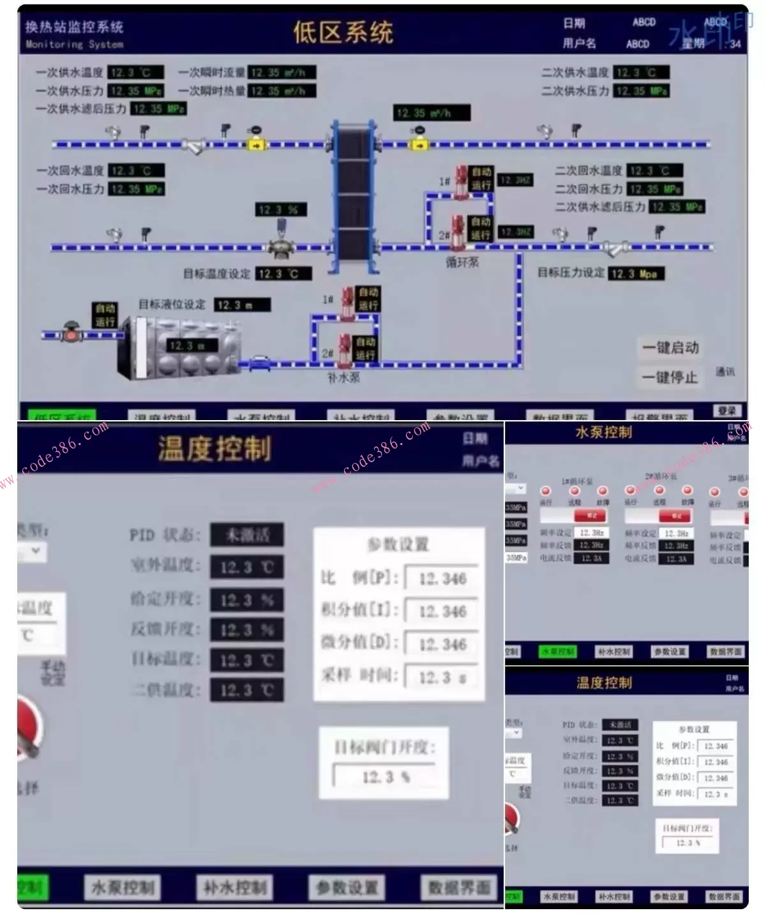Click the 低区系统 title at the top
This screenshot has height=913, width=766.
click(x=343, y=32)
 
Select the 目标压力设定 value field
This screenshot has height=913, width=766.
click(x=636, y=274)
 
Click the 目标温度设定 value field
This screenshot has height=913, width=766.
click(x=283, y=274)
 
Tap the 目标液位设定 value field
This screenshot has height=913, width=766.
click(x=241, y=305)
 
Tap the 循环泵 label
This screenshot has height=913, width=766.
click(x=462, y=262)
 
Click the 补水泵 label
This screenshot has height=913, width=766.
click(x=343, y=378)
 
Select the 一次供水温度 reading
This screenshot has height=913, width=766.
click(x=135, y=73)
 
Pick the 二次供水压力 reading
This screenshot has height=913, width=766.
click(x=642, y=91)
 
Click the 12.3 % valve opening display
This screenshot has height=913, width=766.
click(x=281, y=209)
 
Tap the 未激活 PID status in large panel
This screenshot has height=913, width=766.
click(x=247, y=535)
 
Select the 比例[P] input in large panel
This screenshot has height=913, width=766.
click(x=442, y=578)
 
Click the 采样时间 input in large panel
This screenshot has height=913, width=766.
click(x=442, y=677)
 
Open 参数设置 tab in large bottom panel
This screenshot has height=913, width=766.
click(x=347, y=887)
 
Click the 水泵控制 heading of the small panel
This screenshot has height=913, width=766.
click(x=603, y=432)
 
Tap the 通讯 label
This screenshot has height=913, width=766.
click(x=725, y=371)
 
